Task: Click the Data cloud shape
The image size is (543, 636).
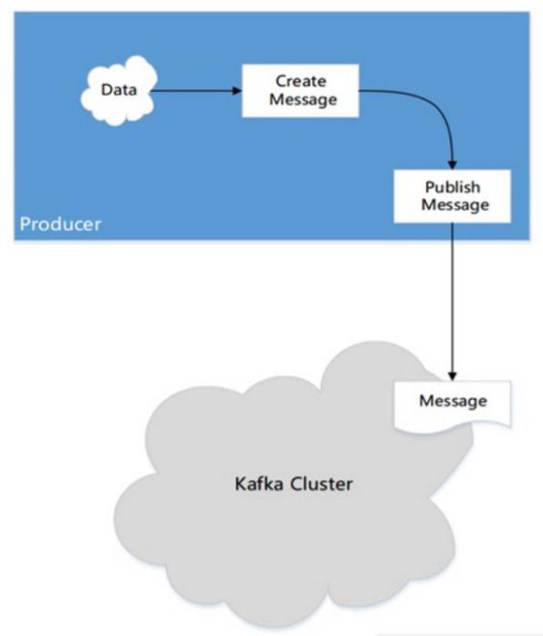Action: click(x=119, y=90)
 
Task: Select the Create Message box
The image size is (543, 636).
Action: click(x=300, y=90)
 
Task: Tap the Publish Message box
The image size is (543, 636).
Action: click(x=452, y=196)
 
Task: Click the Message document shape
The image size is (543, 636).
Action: click(x=453, y=404)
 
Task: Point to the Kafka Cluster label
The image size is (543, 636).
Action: click(x=294, y=484)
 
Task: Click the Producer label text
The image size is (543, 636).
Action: click(x=60, y=224)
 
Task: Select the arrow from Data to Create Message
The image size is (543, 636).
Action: click(x=196, y=91)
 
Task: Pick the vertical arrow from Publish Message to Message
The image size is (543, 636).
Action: click(x=453, y=301)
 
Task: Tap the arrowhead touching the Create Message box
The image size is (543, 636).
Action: click(x=237, y=91)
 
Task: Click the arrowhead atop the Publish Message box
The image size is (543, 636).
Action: click(x=453, y=165)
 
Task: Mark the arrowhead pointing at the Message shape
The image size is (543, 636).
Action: click(x=453, y=376)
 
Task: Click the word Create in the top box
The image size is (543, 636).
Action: click(x=301, y=81)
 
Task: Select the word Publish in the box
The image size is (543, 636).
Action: click(x=453, y=187)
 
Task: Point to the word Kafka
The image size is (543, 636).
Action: click(x=259, y=484)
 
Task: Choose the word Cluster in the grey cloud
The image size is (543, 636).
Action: click(x=322, y=484)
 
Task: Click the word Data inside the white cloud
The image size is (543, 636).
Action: click(x=119, y=89)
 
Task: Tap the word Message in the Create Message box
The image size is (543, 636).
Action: click(x=303, y=99)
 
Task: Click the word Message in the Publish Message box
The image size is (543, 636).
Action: click(x=455, y=205)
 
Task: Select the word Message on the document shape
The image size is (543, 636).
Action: click(x=453, y=401)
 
